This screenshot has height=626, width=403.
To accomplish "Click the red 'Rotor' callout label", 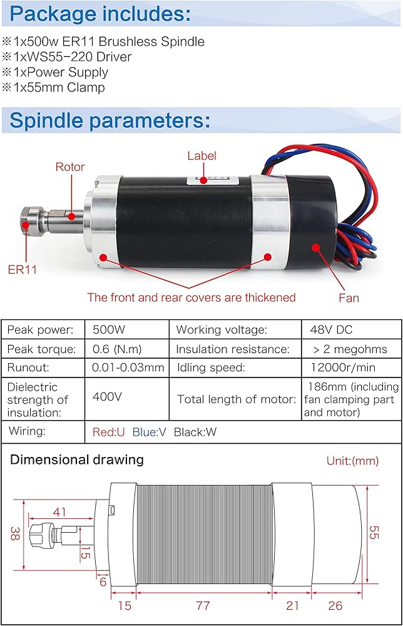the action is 69,167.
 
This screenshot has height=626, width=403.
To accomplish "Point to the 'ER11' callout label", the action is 23,270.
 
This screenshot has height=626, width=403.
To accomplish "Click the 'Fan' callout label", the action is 349,298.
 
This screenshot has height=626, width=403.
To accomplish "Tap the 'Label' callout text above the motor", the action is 201,156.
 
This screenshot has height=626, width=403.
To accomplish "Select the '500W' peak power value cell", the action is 108,330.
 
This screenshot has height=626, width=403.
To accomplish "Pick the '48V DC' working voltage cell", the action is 332,330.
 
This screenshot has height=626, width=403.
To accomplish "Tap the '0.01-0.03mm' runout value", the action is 128,367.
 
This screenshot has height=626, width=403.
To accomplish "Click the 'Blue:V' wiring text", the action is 149,432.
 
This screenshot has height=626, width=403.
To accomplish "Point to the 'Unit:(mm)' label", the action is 352,461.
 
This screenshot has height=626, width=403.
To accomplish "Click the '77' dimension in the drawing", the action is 203,606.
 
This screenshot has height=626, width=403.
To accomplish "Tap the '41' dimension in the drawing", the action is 59,512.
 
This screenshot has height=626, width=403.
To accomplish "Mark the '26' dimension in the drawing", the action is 335,606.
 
